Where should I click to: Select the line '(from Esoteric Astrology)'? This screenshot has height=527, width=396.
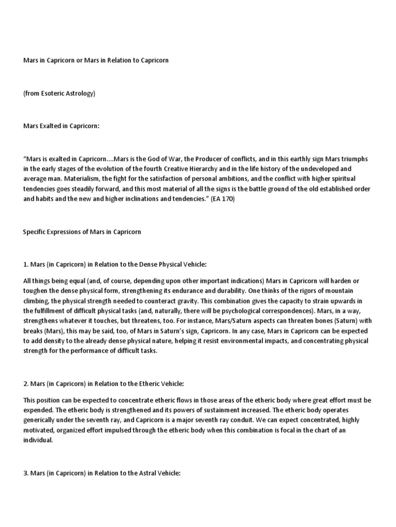(59, 93)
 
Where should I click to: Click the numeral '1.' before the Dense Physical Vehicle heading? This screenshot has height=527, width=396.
(26, 265)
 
